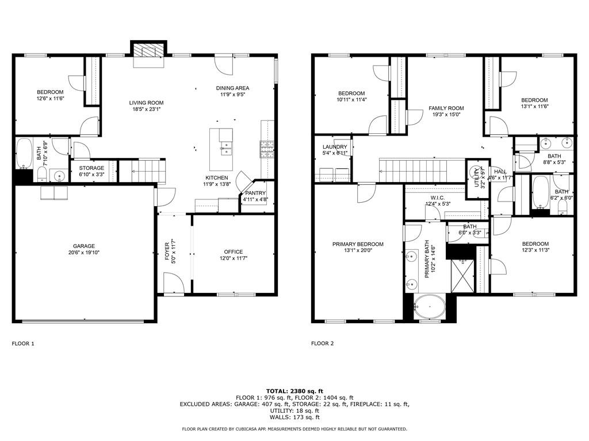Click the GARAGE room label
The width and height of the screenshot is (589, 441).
83,246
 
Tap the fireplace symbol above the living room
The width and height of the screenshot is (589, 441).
148,52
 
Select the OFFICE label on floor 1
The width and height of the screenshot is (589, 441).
233,252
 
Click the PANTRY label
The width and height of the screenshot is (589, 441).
255,193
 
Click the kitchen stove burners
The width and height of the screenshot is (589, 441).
267,149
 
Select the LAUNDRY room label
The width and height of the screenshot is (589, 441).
334,147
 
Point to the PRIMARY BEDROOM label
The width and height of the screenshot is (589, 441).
358,244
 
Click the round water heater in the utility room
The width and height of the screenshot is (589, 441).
475,172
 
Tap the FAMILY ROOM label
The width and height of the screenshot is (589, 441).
446,108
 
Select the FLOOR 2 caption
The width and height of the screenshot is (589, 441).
322,343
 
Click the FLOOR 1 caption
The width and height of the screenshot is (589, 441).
23,343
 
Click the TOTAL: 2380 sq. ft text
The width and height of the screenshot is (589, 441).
294,390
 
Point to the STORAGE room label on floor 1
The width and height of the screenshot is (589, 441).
91,168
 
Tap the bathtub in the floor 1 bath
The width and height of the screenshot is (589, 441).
24,154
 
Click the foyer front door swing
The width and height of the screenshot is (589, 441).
174,283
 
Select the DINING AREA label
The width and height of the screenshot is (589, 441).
232,88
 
